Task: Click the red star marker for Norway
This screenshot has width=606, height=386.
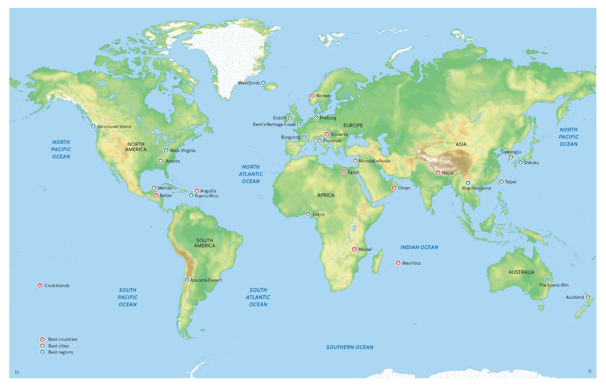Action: (x=312, y=96)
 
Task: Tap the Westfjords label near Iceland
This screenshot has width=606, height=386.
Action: (x=248, y=83)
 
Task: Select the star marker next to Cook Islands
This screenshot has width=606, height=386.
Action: (x=40, y=285)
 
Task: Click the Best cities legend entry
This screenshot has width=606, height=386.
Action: (x=58, y=346)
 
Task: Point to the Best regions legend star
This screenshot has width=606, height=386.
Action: (x=42, y=352)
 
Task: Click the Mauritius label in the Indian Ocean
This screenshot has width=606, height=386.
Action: (x=412, y=263)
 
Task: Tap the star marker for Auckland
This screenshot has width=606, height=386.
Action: (x=588, y=297)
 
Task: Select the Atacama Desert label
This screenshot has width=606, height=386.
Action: (x=206, y=280)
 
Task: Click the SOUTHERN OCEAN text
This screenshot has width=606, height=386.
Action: (x=349, y=347)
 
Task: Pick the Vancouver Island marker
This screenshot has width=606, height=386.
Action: (x=93, y=126)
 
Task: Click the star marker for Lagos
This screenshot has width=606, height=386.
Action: (x=308, y=214)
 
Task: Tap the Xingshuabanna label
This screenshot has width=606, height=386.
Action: (x=476, y=188)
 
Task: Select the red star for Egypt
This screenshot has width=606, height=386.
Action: (x=344, y=172)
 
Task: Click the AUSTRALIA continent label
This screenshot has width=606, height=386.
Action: (x=521, y=272)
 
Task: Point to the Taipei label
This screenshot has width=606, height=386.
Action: (x=511, y=181)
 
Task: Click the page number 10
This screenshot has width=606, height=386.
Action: (x=17, y=372)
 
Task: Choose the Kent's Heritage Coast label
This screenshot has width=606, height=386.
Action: (x=274, y=124)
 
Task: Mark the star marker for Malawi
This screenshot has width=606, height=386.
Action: (x=355, y=249)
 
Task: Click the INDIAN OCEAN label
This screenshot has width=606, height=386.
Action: (x=419, y=247)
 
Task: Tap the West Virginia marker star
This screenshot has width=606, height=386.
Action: (x=166, y=150)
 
